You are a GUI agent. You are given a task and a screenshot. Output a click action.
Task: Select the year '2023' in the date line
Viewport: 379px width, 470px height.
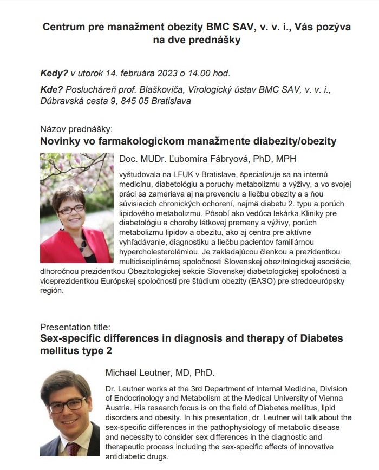pyautogui.click(x=170, y=73)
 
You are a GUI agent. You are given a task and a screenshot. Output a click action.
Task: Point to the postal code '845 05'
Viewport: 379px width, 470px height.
pyautogui.click(x=138, y=101)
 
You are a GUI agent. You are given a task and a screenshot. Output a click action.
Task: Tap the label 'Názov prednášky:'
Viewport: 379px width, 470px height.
pyautogui.click(x=76, y=129)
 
